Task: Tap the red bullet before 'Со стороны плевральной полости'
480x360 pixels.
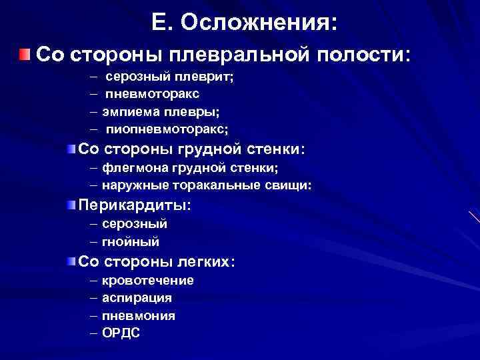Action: (x=25, y=54)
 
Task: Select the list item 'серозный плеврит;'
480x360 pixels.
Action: (x=169, y=78)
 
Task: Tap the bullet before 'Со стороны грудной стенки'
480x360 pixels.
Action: (x=71, y=147)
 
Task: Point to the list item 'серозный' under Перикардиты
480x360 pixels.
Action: (x=135, y=225)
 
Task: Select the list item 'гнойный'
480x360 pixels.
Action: (x=131, y=241)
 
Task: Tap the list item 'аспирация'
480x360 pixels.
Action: (x=137, y=298)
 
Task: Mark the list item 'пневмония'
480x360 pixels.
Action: (x=139, y=315)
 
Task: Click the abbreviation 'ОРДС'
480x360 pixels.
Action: (x=121, y=333)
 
